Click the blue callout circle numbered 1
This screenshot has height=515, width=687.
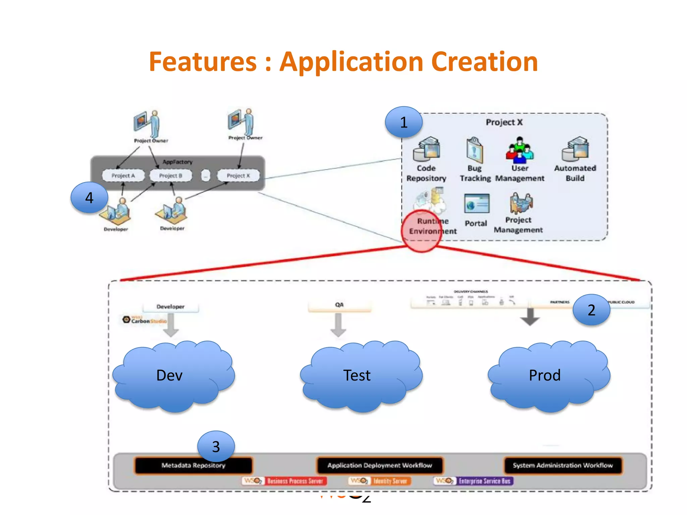[404, 122]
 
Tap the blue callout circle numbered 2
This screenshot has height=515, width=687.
[591, 310]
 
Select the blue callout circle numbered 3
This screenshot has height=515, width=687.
[216, 446]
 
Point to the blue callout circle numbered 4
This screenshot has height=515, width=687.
[89, 197]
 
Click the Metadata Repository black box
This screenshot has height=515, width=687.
[193, 465]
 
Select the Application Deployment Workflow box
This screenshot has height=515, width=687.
[380, 465]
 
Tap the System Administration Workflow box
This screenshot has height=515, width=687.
[563, 465]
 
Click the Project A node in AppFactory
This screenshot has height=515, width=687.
[123, 175]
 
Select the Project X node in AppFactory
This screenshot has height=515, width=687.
[238, 175]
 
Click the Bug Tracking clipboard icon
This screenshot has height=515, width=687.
[474, 150]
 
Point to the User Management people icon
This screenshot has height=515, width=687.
[519, 150]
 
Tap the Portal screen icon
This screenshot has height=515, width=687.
[476, 204]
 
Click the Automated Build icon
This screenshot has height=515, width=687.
[575, 149]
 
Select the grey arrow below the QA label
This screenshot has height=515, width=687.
[338, 325]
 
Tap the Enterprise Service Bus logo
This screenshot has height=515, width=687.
[473, 481]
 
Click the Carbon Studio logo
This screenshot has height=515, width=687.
[144, 320]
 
